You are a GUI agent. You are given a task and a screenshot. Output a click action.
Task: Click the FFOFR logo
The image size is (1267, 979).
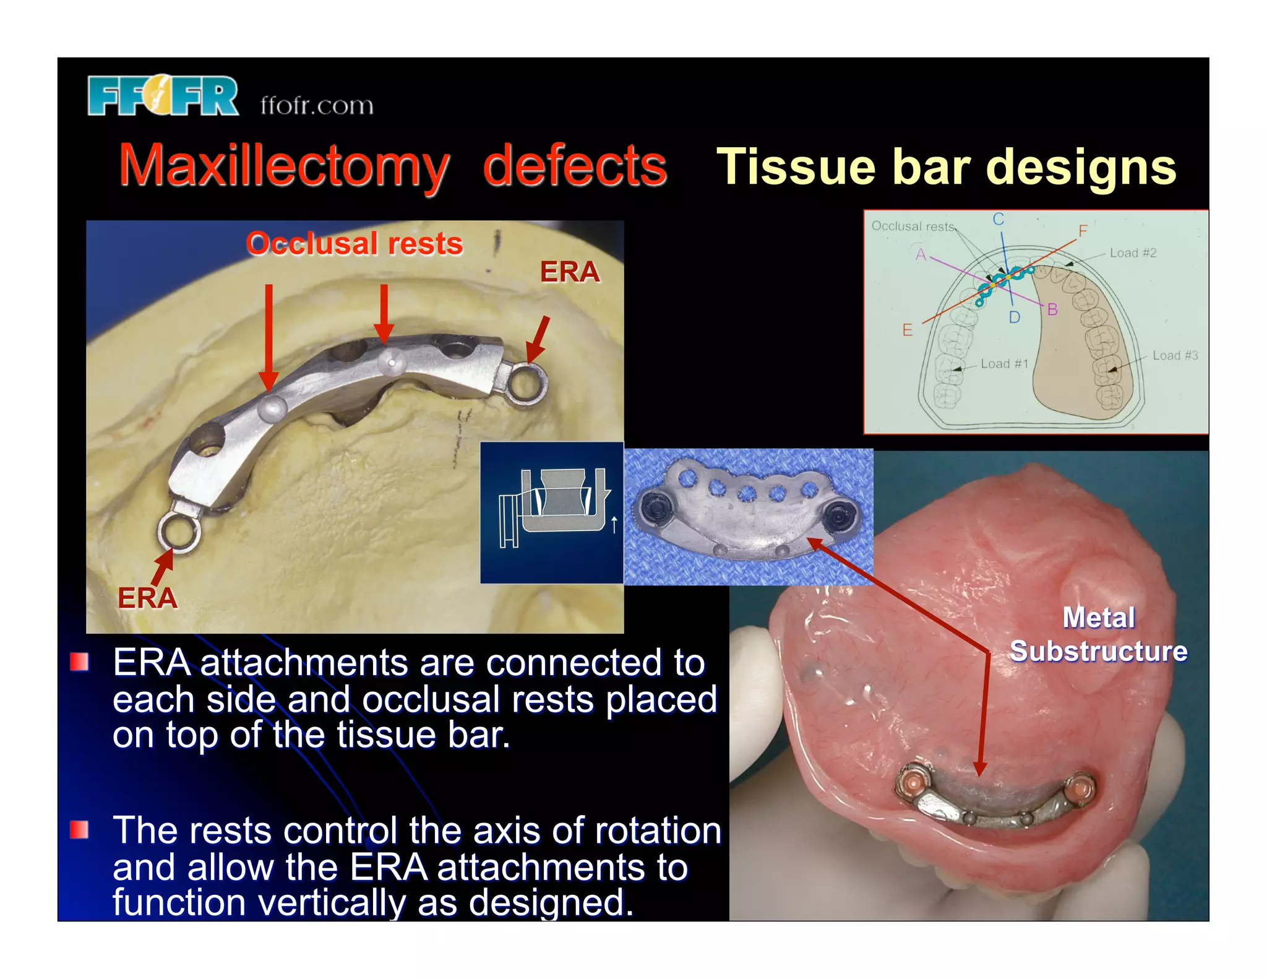(x=163, y=96)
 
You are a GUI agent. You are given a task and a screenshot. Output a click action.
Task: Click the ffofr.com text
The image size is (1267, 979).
(x=317, y=105)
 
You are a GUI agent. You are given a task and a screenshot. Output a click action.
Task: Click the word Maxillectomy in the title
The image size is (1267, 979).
(x=284, y=166)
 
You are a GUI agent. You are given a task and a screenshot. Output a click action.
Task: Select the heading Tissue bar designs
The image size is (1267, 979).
(x=946, y=167)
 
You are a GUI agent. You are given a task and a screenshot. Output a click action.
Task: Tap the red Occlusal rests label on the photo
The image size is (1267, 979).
(x=354, y=244)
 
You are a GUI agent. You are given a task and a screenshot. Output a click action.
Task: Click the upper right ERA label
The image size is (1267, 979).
(x=570, y=272)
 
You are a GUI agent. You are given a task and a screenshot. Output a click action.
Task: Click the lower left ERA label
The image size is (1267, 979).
(x=148, y=598)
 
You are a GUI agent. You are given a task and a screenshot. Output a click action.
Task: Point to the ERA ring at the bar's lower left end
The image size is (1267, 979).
(x=179, y=530)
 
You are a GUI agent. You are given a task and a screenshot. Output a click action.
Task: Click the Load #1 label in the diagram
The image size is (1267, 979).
(x=1003, y=364)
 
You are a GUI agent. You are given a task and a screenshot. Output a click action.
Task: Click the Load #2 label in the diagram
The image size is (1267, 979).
(x=1133, y=253)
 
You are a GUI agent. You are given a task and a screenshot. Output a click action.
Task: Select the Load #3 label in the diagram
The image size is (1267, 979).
(x=1175, y=356)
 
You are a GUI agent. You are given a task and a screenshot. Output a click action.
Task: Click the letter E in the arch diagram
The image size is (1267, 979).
(x=908, y=330)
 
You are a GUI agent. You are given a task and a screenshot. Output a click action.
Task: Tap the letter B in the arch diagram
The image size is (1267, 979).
(x=1052, y=309)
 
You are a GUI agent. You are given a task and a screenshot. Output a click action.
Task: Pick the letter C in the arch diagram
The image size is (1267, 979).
(x=999, y=220)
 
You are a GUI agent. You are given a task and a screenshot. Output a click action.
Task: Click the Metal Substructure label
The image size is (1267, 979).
(x=1098, y=634)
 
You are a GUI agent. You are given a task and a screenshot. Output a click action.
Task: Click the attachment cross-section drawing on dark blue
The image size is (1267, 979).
(x=552, y=512)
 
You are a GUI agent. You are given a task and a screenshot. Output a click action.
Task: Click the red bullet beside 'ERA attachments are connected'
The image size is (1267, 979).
(x=79, y=662)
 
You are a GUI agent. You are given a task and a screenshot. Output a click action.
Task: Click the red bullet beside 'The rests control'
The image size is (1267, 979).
(x=79, y=829)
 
